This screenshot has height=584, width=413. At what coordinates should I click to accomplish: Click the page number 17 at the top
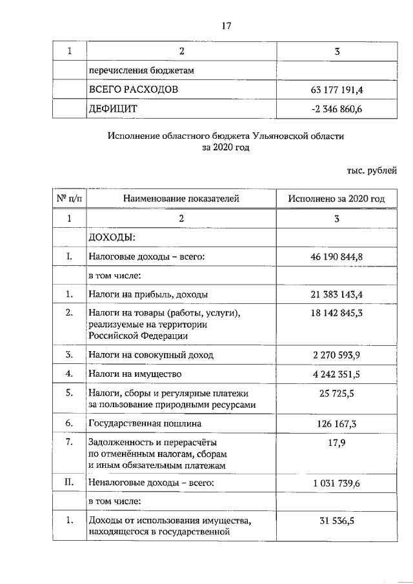(226, 26)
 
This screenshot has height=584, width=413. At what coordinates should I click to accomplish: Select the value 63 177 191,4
(336, 89)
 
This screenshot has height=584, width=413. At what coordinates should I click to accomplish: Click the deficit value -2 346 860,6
(336, 109)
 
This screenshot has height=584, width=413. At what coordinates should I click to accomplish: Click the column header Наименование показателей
(181, 199)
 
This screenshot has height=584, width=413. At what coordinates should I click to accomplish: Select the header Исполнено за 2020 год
(336, 199)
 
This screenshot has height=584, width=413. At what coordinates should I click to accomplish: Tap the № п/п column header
(68, 199)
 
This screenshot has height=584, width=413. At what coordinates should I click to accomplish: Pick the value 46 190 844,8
(336, 257)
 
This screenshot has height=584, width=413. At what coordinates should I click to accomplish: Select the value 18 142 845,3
(336, 314)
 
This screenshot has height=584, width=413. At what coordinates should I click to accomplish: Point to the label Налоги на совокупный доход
(150, 355)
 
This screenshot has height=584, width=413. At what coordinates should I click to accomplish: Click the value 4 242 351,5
(336, 374)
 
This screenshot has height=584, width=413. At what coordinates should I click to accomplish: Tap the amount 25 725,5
(336, 393)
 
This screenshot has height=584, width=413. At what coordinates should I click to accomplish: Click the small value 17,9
(336, 443)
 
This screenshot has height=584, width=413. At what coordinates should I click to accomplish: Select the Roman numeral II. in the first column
(68, 482)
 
